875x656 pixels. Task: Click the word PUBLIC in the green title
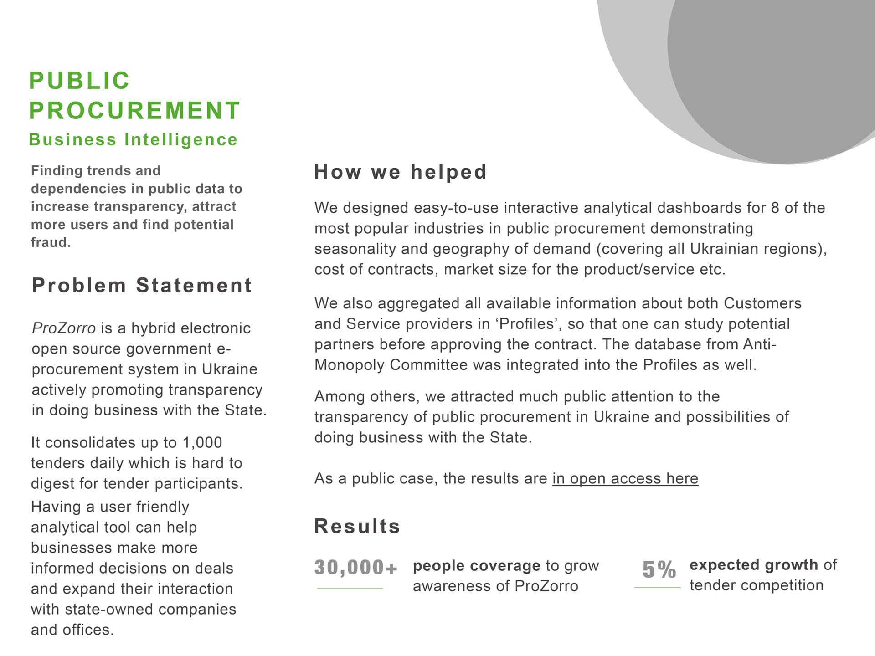tap(79, 81)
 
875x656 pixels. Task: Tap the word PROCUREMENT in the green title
tap(134, 110)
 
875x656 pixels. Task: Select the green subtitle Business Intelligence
tap(133, 139)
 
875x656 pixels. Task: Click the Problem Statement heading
tap(142, 286)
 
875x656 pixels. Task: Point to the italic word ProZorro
tap(64, 328)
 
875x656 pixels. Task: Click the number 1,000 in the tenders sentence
tap(202, 442)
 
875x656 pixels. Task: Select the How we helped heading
tap(401, 172)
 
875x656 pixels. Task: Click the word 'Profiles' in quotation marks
tap(526, 324)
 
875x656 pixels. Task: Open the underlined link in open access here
tap(625, 478)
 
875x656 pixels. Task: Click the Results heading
tap(357, 526)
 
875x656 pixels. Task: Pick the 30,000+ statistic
tap(355, 568)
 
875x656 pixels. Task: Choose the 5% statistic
tap(659, 569)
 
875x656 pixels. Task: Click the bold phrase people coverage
tap(476, 566)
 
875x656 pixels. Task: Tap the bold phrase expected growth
tap(754, 565)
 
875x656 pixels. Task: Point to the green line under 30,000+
tap(350, 589)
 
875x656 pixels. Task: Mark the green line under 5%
tap(657, 588)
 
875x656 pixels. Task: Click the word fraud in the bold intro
tap(50, 242)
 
